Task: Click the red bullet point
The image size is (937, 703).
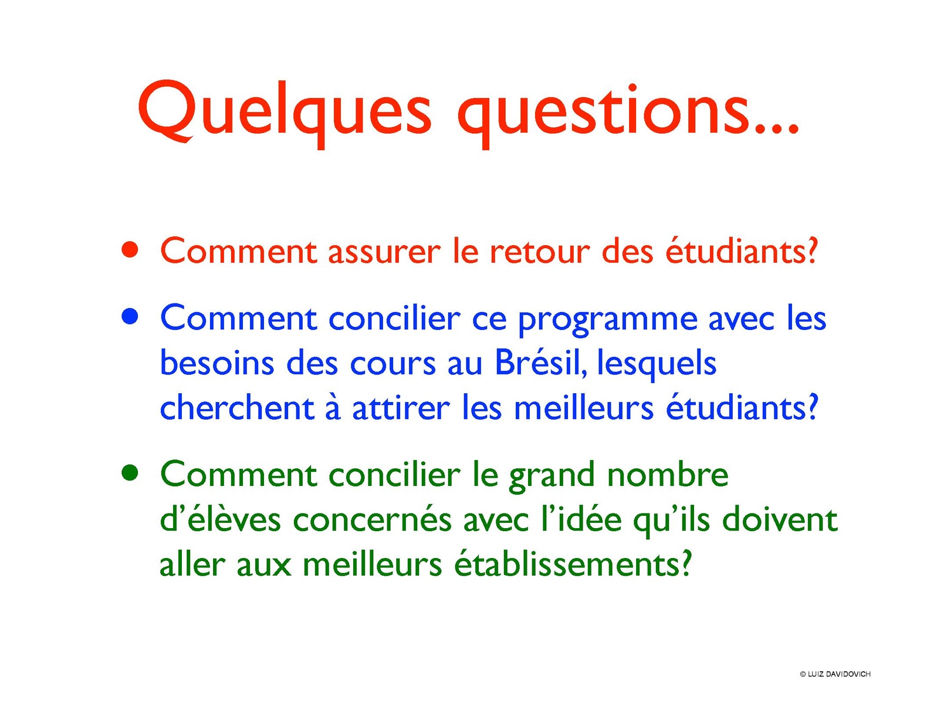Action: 130,251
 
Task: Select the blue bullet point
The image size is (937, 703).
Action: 130,317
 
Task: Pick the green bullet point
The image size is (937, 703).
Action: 130,473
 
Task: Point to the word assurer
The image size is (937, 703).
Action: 384,252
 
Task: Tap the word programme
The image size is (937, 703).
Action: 608,320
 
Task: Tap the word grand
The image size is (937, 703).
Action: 551,478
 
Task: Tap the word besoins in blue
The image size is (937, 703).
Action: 217,364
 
